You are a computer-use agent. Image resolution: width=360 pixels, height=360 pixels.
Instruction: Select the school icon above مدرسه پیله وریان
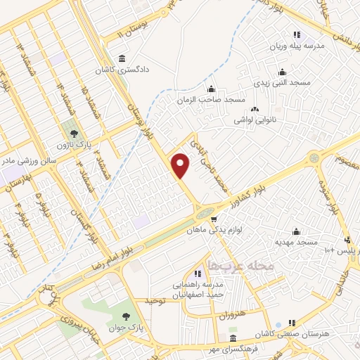point(297,34)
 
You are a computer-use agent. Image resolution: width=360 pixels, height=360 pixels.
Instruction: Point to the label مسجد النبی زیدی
point(282,82)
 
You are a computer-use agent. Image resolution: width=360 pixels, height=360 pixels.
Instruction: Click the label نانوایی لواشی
point(255,120)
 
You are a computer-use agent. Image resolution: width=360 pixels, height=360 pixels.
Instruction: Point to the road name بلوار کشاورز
point(251,192)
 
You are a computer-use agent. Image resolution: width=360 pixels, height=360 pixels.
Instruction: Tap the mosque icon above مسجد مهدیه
point(297,231)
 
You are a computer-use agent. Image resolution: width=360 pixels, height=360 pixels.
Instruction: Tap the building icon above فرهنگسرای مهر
point(233,339)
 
